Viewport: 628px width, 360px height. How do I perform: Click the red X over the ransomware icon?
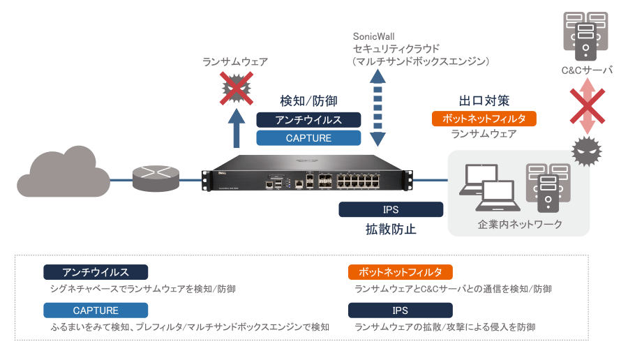pos(237,88)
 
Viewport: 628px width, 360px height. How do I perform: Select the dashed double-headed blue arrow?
pos(377,111)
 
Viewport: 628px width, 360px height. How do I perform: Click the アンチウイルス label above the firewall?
pos(308,119)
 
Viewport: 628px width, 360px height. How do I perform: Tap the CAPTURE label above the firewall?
pos(308,138)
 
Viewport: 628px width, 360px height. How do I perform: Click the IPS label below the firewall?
pos(391,209)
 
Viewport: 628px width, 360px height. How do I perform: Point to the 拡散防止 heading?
pos(391,229)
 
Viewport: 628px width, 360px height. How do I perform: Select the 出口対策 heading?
pos(484,100)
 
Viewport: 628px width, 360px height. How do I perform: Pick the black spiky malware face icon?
pos(586,150)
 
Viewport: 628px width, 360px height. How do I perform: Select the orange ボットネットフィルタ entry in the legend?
pos(401,272)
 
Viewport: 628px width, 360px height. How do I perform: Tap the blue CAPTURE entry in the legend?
pos(96,310)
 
